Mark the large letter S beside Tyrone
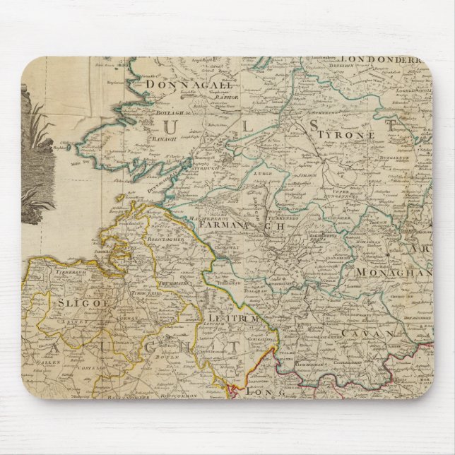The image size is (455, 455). [315, 126]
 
